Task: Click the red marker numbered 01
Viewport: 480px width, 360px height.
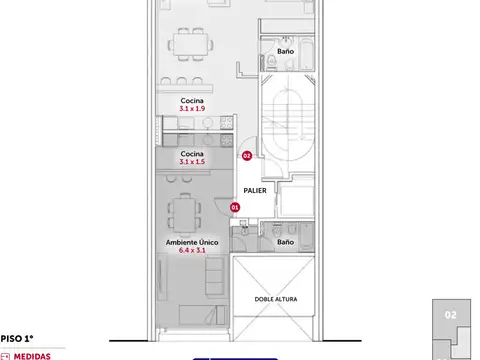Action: pos(235,207)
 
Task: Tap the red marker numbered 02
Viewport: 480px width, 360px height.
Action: pos(247,156)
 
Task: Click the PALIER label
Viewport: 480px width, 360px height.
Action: pos(255,191)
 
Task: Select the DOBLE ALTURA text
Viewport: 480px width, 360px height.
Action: pos(276,299)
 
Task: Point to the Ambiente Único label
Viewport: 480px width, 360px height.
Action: pos(192,242)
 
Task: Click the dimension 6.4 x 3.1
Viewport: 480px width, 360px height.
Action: pos(192,250)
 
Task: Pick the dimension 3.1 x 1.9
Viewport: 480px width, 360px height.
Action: pos(192,108)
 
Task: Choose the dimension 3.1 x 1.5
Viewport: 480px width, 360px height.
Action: pos(192,162)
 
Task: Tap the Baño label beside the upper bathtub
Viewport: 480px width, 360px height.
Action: pos(286,51)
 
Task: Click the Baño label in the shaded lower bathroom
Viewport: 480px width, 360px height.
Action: pos(286,242)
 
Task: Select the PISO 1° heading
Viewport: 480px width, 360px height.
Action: pos(17,339)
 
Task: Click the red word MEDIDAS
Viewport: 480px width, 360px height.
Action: pos(32,356)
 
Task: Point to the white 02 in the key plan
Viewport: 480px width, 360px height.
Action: pos(451,315)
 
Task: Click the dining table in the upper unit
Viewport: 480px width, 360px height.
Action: pos(191,44)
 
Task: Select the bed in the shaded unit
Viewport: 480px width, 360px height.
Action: pos(202,315)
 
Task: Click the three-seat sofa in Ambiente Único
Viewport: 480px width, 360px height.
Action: pos(214,276)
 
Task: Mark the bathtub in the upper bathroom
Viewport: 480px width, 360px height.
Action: pos(306,54)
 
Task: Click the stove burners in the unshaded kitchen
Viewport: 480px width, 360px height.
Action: pos(226,122)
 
